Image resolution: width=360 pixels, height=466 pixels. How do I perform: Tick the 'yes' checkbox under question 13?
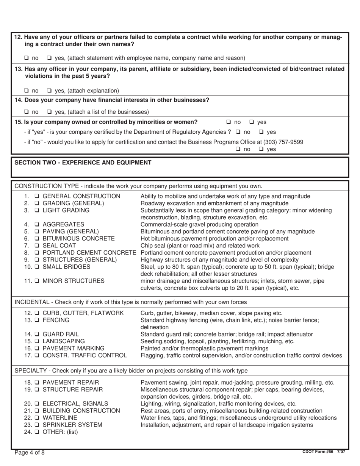[x=49, y=91]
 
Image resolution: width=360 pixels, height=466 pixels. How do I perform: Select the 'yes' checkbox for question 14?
[x=49, y=112]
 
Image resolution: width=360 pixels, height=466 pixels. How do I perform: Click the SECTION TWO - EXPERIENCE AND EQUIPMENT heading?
[x=83, y=163]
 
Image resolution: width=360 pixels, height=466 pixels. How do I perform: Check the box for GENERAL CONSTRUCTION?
[x=37, y=196]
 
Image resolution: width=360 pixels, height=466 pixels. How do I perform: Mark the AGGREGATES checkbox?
[x=37, y=225]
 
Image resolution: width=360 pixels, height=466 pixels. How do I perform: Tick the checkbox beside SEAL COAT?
[x=37, y=246]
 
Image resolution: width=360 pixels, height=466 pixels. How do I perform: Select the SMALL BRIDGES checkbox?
[x=37, y=267]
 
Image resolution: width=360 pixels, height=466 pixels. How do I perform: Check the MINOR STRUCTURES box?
[x=37, y=281]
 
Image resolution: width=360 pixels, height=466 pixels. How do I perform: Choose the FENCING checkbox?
[x=37, y=320]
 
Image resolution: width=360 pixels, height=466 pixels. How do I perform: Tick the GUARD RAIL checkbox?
[x=37, y=334]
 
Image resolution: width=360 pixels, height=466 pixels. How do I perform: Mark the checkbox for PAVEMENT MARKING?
[x=37, y=348]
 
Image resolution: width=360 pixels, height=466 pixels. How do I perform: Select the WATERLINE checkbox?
[x=37, y=418]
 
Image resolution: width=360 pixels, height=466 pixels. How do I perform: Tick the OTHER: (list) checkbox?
[x=37, y=432]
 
